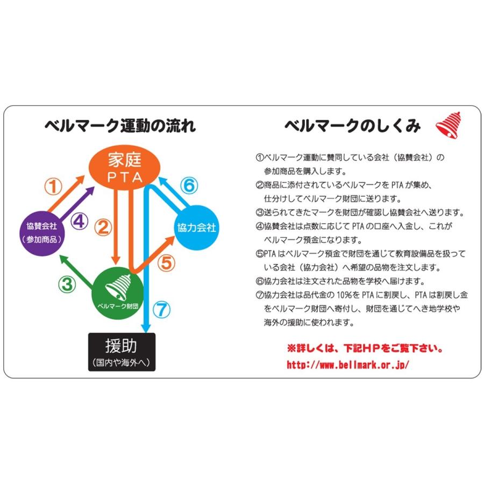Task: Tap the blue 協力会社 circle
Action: click(196, 228)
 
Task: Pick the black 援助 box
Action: click(122, 352)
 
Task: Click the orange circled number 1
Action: click(53, 187)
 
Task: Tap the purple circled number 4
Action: click(79, 220)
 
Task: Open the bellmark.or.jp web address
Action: click(348, 365)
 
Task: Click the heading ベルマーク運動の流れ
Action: click(119, 126)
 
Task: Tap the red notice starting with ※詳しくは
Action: click(365, 349)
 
